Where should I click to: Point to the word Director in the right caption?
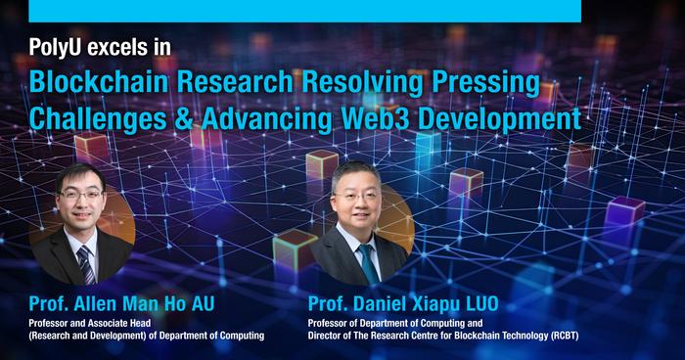(329, 336)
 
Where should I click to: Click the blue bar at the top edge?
(304, 10)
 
